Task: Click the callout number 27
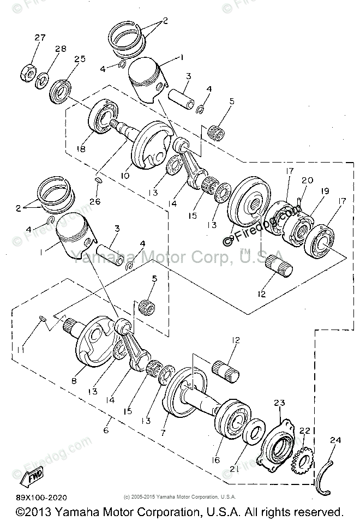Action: [40, 38]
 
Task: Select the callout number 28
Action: [60, 49]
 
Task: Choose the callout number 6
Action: [106, 430]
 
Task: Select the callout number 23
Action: [279, 404]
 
